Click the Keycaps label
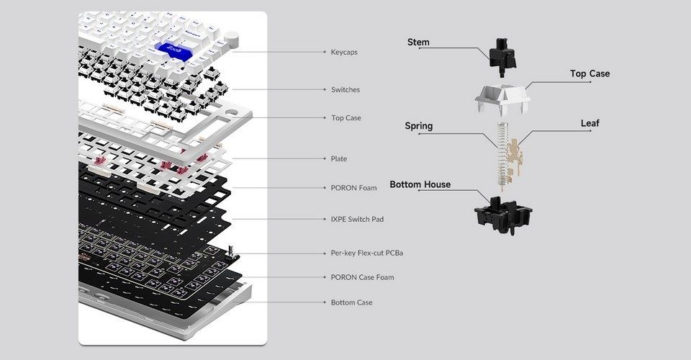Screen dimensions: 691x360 [344, 52]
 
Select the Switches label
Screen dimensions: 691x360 [345, 89]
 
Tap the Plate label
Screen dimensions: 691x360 [338, 158]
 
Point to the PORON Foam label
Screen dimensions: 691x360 [353, 188]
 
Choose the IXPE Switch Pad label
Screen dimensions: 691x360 [357, 219]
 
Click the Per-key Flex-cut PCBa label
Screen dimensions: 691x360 [366, 253]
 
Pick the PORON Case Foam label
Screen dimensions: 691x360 [362, 277]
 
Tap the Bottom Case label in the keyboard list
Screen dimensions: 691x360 [351, 302]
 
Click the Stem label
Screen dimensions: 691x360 [418, 42]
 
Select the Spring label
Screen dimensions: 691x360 [419, 126]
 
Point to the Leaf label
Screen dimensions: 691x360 [590, 123]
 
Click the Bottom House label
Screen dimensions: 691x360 [420, 184]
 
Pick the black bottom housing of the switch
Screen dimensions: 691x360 [503, 215]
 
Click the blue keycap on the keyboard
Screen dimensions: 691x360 [173, 52]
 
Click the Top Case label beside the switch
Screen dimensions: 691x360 [590, 73]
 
